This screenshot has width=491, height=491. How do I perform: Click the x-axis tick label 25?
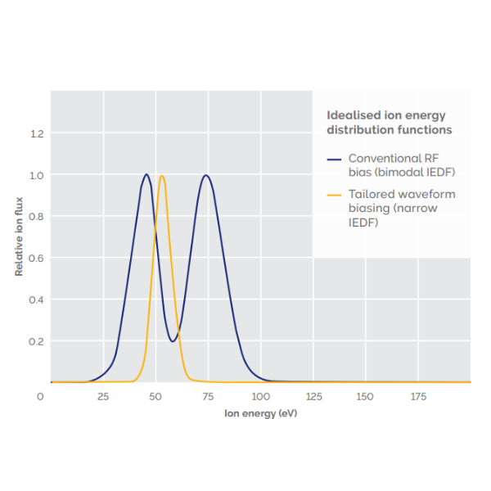(x=103, y=397)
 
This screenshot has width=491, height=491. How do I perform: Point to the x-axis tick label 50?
(x=155, y=397)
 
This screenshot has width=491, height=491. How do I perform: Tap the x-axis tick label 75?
(x=208, y=397)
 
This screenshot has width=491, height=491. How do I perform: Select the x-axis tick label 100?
(x=260, y=397)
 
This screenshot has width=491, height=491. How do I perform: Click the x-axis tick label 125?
(x=313, y=397)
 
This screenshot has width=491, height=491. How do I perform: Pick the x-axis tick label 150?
(x=365, y=397)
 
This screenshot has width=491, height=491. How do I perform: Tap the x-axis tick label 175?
(x=417, y=397)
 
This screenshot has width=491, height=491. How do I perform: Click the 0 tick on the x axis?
(x=41, y=397)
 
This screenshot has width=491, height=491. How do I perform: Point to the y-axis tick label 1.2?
(x=36, y=133)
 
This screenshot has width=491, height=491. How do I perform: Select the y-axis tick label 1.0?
(x=36, y=175)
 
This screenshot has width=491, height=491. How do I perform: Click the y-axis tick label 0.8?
(x=36, y=217)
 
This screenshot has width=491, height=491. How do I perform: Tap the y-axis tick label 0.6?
(x=36, y=259)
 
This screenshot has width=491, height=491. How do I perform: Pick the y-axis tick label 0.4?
(x=36, y=300)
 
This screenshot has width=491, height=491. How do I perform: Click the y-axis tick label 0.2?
(x=36, y=341)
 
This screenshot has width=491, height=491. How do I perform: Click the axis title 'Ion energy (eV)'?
(x=260, y=414)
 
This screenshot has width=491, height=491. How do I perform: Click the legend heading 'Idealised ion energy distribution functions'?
(x=389, y=123)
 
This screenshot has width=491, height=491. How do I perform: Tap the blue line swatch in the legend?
(x=333, y=158)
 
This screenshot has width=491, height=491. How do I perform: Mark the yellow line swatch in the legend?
(x=333, y=195)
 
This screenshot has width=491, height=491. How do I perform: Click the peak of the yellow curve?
(x=162, y=176)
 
